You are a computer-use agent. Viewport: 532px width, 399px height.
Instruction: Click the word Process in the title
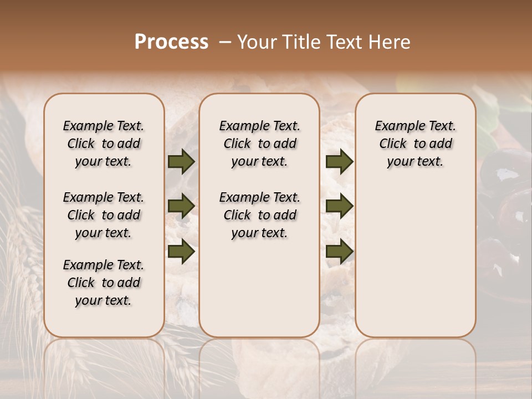[x=171, y=42]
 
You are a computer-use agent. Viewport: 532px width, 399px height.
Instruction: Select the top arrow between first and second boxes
[x=181, y=161]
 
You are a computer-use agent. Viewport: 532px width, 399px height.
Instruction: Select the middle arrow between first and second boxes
[x=181, y=206]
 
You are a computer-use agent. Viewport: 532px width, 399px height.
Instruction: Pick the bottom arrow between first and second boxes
[x=181, y=251]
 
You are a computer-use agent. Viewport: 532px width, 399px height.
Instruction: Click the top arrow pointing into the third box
[x=339, y=161]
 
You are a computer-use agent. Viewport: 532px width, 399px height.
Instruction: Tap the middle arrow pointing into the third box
[x=339, y=206]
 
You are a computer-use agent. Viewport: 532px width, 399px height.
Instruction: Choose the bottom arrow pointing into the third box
[x=339, y=251]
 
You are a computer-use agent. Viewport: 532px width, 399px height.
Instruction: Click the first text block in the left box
[x=104, y=144]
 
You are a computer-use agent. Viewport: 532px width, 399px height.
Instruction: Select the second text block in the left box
[x=104, y=215]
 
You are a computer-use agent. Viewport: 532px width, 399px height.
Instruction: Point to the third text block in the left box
[x=104, y=283]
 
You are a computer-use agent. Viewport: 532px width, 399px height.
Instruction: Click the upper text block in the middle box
[x=259, y=144]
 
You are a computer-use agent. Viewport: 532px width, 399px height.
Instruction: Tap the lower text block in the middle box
[x=259, y=215]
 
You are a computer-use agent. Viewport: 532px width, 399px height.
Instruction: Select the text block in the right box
[x=415, y=144]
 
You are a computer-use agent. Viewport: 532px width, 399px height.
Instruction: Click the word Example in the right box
[x=395, y=126]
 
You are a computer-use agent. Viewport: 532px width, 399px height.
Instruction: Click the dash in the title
[x=225, y=42]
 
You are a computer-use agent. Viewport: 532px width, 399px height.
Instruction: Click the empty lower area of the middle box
[x=259, y=288]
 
